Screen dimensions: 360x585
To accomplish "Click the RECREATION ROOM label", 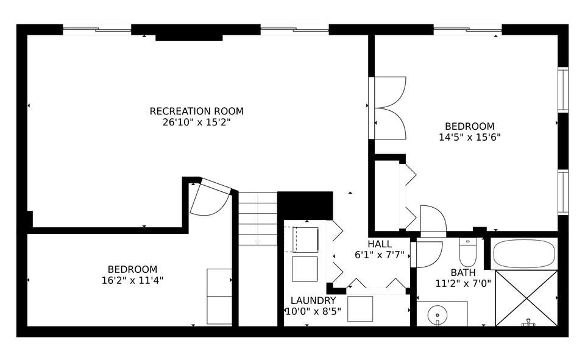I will tap(196, 111).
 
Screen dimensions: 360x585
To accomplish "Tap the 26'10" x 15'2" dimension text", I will tap(196, 122).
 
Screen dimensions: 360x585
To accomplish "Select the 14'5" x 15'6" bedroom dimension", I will tap(469, 137).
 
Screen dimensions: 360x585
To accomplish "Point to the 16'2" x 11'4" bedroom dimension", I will tap(132, 280).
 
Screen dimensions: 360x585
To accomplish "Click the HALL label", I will tap(380, 244).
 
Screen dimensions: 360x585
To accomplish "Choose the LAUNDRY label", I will tap(313, 300).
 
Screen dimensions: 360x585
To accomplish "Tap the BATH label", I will tap(463, 272).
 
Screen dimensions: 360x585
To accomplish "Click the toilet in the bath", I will tap(467, 250).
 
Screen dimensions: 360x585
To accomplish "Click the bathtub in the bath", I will tap(524, 253).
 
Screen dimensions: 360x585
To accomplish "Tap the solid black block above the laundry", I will tap(305, 205).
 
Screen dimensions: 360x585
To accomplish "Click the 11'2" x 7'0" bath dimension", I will tap(463, 283).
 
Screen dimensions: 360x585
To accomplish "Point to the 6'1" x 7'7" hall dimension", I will tap(380, 255).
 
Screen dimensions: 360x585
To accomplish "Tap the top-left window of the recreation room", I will tap(97, 29).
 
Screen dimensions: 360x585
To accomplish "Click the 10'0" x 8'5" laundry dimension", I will tap(313, 311).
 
